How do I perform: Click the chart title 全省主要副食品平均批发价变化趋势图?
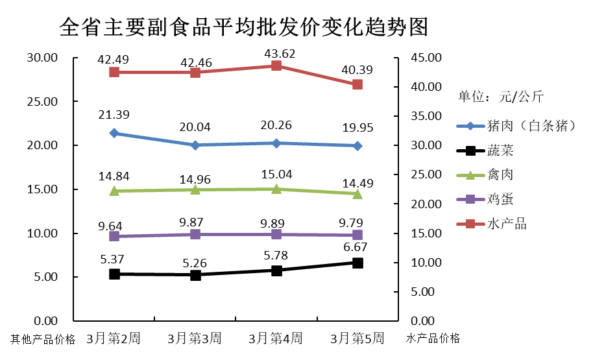(243, 27)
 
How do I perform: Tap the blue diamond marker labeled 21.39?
(114, 133)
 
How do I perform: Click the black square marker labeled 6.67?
(357, 263)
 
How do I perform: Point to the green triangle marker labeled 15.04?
(276, 189)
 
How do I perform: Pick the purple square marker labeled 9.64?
(114, 236)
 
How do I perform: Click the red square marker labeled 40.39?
(357, 84)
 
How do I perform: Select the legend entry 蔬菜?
(500, 150)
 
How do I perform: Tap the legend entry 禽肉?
(500, 175)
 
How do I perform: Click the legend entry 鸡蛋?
(500, 199)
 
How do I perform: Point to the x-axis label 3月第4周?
(276, 338)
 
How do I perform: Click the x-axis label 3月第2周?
(114, 338)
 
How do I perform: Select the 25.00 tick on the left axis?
(42, 102)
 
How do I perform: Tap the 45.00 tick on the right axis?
(426, 58)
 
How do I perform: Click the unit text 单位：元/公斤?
(501, 97)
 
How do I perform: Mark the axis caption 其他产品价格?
(43, 339)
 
